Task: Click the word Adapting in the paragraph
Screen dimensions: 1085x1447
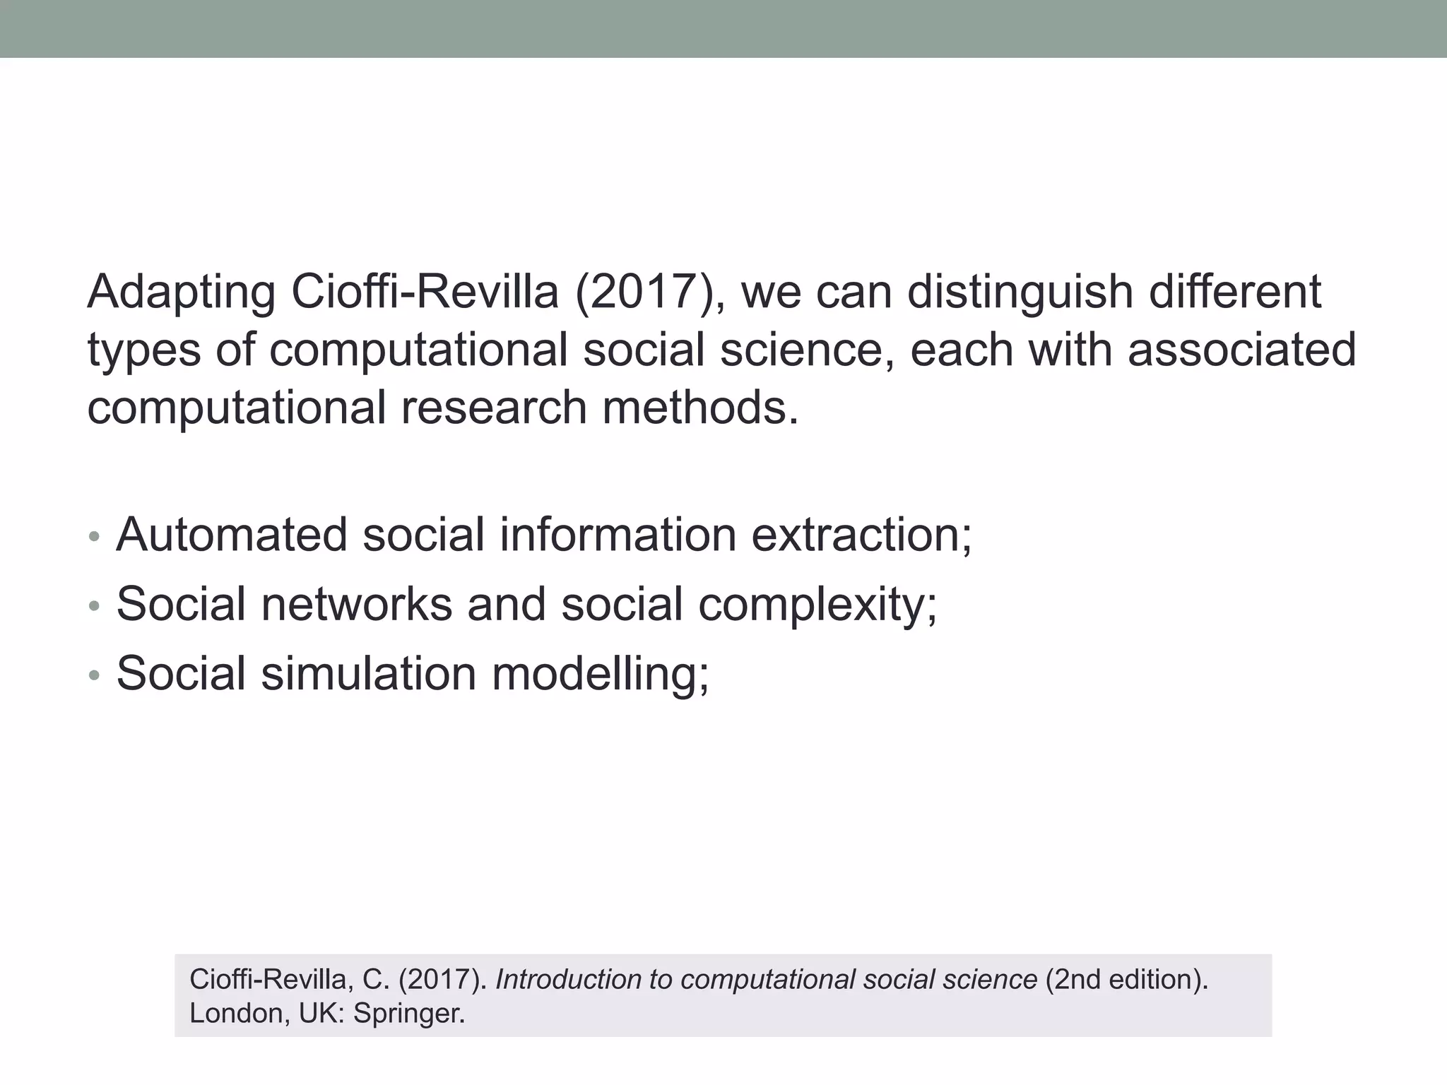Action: click(x=181, y=292)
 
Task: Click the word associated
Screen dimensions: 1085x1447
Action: click(x=1241, y=350)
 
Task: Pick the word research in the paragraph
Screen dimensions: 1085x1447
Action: click(x=494, y=408)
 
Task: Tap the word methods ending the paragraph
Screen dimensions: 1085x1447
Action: click(x=699, y=408)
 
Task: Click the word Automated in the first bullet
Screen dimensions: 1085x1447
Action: click(x=232, y=535)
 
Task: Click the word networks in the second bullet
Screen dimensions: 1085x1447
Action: click(x=357, y=604)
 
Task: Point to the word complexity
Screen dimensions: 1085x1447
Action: click(x=817, y=605)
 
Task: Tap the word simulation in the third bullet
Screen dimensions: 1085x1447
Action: click(x=368, y=673)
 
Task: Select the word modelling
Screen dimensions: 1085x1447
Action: click(x=600, y=675)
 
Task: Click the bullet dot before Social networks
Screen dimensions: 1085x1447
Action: click(x=95, y=606)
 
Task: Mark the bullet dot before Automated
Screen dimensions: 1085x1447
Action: click(x=95, y=537)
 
